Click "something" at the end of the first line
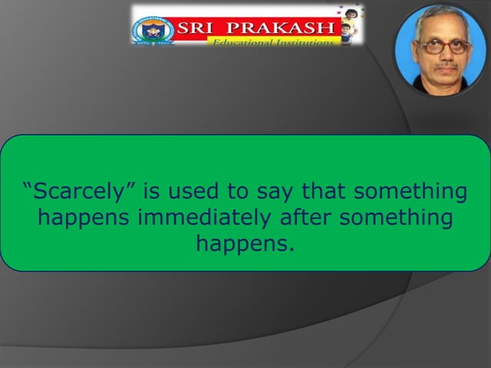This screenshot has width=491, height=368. pos(414,191)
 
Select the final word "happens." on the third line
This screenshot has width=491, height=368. pos(245,246)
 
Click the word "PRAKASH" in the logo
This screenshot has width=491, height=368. pos(289,29)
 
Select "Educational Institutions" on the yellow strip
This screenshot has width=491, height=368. pos(273,43)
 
